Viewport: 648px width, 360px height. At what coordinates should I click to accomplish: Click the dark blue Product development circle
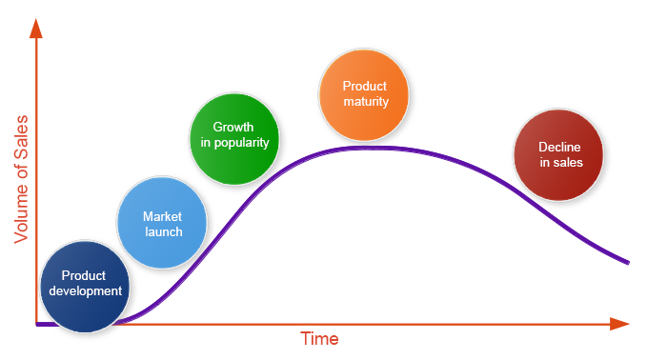[x=85, y=285]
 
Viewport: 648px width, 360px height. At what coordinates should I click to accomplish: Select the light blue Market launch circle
[x=162, y=224]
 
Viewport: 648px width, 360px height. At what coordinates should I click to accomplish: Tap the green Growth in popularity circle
[x=234, y=135]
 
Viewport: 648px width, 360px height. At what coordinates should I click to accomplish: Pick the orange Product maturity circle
[x=364, y=93]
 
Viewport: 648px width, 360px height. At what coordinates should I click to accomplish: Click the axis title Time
[x=319, y=339]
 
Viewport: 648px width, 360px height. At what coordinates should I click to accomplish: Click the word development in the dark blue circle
[x=85, y=291]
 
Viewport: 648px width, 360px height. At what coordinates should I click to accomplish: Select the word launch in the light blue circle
[x=162, y=231]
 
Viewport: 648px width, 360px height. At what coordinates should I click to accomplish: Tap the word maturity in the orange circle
[x=364, y=101]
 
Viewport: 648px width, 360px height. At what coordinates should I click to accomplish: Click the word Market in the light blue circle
[x=162, y=216]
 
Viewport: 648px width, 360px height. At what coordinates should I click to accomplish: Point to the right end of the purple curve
[x=628, y=261]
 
